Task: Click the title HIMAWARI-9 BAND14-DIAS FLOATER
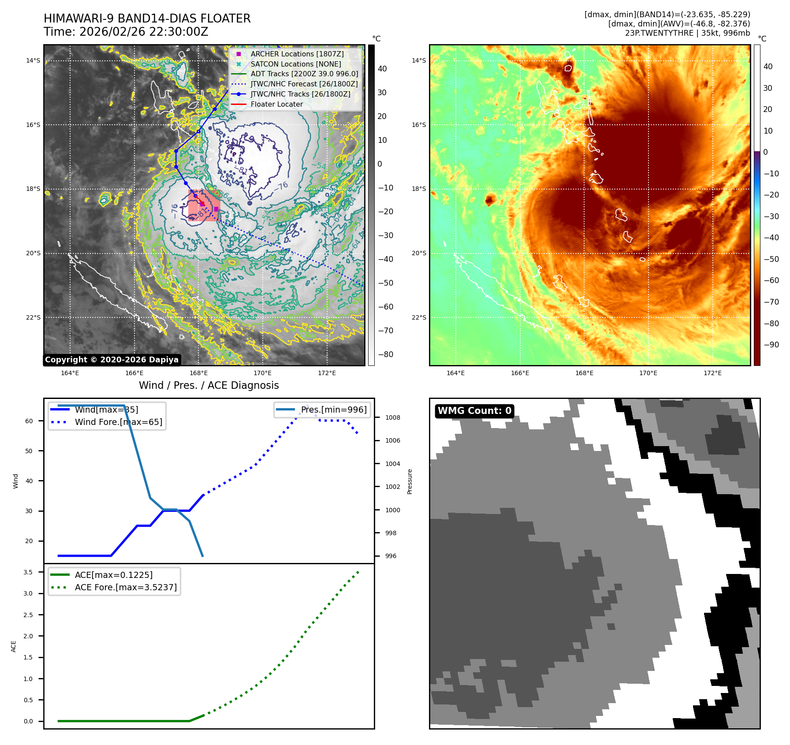pos(147,19)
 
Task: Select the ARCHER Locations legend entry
pos(297,54)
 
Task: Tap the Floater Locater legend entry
pos(276,104)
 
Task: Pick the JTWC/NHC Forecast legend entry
pos(304,84)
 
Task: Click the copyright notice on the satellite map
pos(112,360)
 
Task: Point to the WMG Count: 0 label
pos(474,411)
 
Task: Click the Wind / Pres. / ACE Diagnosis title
pos(209,385)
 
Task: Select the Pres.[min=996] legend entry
pos(333,410)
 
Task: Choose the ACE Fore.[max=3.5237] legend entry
pos(126,587)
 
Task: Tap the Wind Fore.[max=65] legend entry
pos(118,422)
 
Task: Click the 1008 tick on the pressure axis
pos(392,417)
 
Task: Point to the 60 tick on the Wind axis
pos(29,421)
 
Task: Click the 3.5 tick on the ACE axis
pos(28,572)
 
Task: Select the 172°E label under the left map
pos(327,373)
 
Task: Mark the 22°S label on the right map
pos(419,317)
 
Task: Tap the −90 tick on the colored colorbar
pos(771,345)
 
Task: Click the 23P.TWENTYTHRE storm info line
pos(687,33)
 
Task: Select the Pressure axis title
pos(410,481)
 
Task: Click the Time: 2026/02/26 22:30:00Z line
pos(126,32)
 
